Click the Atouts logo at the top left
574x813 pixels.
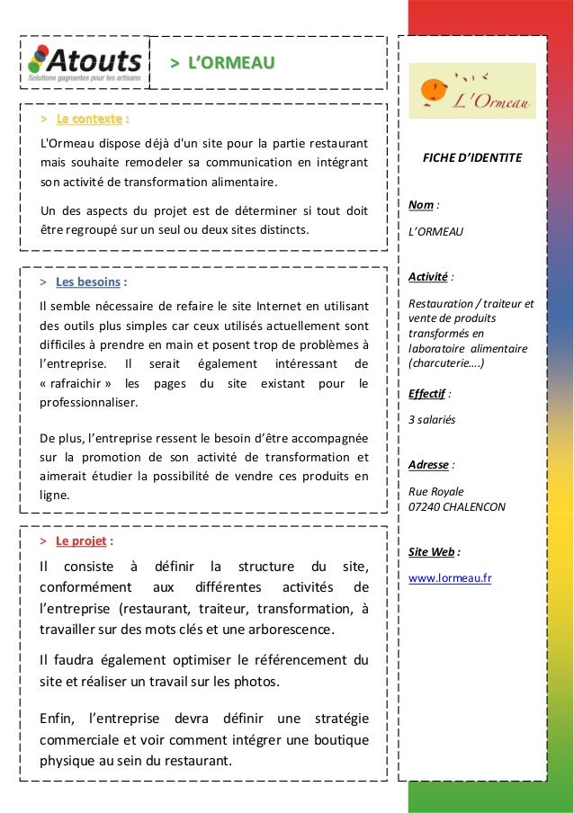[x=85, y=63]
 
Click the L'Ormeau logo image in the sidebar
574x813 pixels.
[x=472, y=91]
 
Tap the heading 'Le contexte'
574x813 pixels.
[x=89, y=119]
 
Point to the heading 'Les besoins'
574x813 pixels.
[x=87, y=282]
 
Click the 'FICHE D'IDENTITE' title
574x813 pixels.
[x=472, y=158]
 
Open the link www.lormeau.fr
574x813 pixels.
[x=450, y=578]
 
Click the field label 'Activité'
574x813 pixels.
[x=428, y=276]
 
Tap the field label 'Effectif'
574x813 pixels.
[x=427, y=393]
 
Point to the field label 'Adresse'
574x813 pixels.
[x=428, y=465]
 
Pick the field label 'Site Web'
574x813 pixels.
[x=432, y=551]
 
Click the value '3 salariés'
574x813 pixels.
[x=432, y=420]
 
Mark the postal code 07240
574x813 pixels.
[x=424, y=507]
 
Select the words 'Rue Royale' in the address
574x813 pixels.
[x=436, y=492]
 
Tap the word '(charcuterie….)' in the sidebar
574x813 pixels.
[x=447, y=364]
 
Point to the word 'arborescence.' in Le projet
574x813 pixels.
[x=292, y=628]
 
